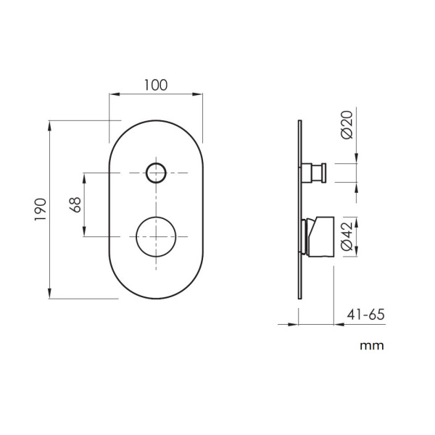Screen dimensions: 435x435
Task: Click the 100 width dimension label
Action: pos(156,84)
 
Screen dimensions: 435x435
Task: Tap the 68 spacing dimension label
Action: pos(74,205)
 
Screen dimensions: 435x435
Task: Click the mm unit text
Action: pos(372,345)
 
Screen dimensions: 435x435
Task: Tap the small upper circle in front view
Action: pos(156,173)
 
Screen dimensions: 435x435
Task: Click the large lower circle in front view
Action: pos(156,236)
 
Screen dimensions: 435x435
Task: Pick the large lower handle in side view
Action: pos(319,236)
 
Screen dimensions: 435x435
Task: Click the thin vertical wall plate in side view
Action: pos(299,210)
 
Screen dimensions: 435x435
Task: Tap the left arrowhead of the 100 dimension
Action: pos(113,94)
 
